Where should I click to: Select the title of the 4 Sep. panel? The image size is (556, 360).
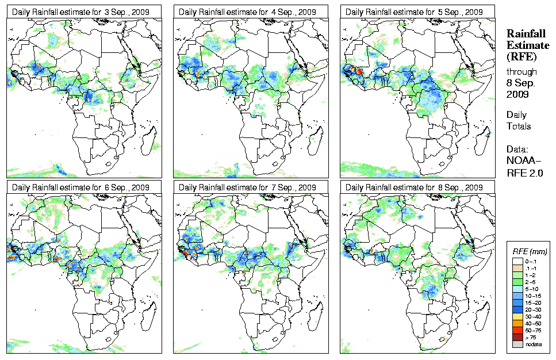(x=247, y=12)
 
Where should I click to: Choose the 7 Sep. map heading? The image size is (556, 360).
(x=247, y=187)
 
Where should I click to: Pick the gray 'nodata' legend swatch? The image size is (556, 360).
(x=516, y=344)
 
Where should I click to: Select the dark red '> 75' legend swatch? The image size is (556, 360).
(x=516, y=336)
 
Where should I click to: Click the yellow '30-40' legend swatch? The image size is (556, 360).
(x=516, y=316)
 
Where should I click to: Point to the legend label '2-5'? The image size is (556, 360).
(x=531, y=282)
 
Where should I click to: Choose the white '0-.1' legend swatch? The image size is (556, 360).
(x=516, y=261)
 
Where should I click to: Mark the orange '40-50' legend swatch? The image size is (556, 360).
(x=516, y=323)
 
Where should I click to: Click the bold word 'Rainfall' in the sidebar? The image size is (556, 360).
(x=526, y=34)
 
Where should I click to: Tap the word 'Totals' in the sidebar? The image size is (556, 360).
(x=519, y=126)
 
